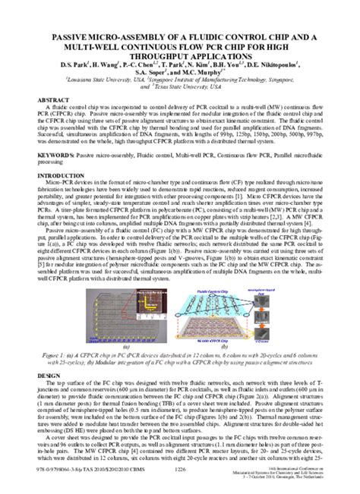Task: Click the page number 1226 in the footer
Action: [x=181, y=471]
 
